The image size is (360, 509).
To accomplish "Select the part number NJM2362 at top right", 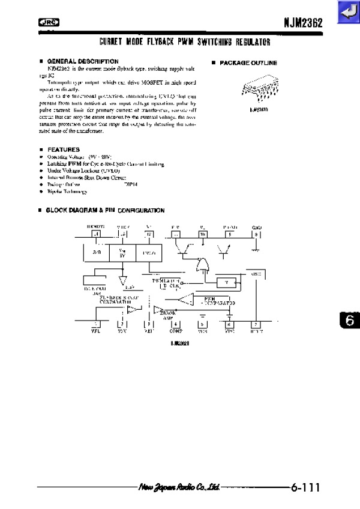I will [x=303, y=23].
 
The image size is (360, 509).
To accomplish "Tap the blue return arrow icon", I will [x=348, y=13].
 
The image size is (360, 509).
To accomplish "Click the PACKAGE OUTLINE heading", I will [x=248, y=62].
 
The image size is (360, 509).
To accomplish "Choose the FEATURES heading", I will [x=63, y=149].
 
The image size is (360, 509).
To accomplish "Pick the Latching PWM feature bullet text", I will [x=106, y=163].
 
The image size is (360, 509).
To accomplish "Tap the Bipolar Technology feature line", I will [x=67, y=191].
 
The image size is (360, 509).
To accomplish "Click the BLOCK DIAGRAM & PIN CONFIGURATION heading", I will [x=105, y=211].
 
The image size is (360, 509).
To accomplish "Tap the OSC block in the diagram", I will [x=254, y=274].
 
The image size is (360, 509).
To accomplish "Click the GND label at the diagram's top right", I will [x=256, y=227].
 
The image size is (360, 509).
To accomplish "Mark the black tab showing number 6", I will [x=350, y=321].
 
